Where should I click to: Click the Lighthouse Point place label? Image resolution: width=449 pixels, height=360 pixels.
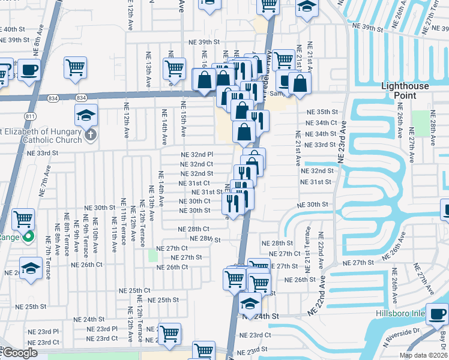pos(406,91)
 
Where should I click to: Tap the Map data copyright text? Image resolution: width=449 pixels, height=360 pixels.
pos(423,355)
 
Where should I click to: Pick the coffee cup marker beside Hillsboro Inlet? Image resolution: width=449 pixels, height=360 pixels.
pos(439,313)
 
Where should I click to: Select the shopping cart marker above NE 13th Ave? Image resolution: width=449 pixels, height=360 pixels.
pos(174,67)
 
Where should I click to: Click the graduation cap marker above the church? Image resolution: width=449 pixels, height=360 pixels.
pos(86,114)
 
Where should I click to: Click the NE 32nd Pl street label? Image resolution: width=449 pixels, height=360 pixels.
pos(197,154)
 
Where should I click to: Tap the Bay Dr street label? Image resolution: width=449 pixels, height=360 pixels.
pos(443,338)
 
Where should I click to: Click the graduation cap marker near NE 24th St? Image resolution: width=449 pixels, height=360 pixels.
pos(250,302)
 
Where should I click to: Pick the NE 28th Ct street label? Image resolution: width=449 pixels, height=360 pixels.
pos(193,229)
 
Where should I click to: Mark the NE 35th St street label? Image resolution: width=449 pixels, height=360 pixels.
pos(322,112)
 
